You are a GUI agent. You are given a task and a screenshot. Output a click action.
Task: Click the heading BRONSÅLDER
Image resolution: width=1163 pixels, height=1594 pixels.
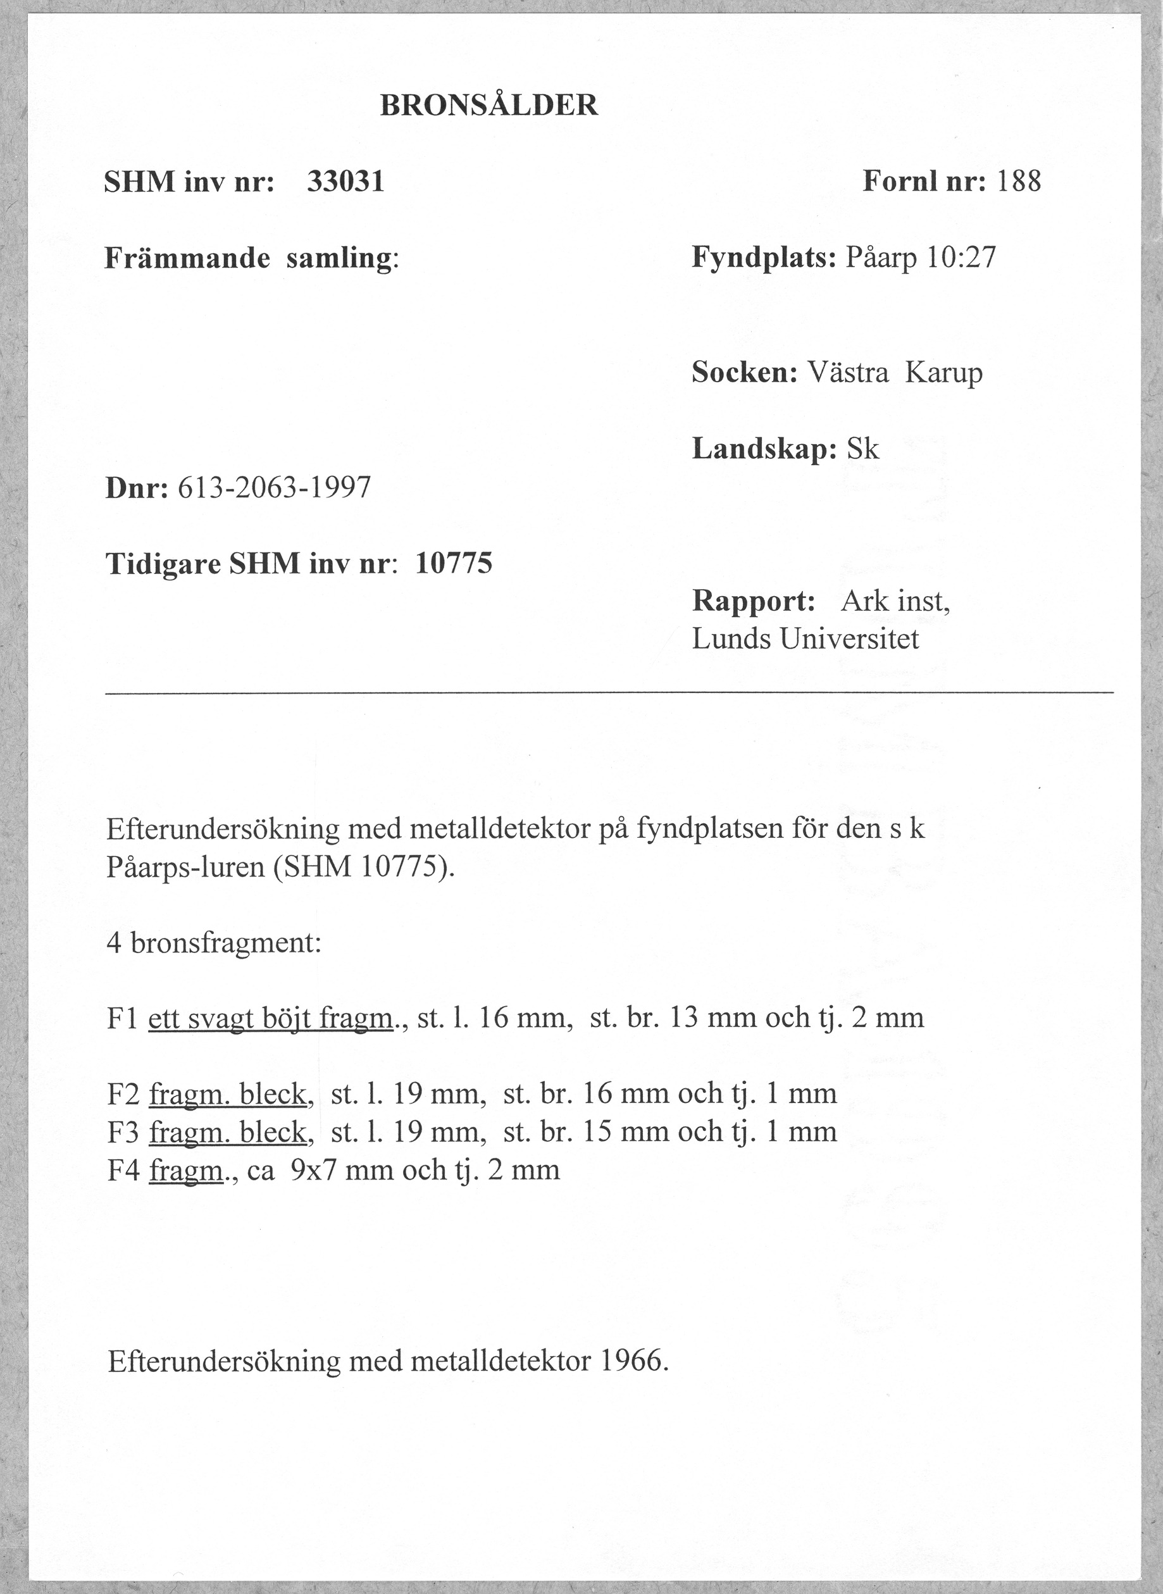[x=488, y=106]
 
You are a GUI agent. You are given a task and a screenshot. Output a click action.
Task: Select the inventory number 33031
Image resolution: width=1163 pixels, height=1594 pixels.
[x=345, y=182]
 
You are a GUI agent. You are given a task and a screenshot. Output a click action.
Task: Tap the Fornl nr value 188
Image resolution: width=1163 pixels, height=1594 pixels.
[x=1019, y=182]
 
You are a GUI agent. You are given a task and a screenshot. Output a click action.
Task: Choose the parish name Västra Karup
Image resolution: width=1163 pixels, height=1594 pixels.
[x=894, y=373]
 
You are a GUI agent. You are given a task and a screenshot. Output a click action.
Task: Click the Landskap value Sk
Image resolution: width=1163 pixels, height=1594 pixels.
[x=862, y=449]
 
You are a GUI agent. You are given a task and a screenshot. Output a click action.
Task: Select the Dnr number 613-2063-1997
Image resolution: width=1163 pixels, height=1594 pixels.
[x=274, y=487]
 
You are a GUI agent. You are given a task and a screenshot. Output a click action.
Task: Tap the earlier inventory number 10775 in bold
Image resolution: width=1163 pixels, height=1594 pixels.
[x=454, y=563]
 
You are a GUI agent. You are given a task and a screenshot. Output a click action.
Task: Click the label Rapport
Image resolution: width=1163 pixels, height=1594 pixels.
[x=753, y=601]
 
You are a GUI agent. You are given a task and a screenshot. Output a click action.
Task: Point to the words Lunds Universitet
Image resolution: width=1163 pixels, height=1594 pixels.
[x=805, y=639]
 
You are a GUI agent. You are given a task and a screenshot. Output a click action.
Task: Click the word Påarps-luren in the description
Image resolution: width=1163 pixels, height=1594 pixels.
[x=182, y=868]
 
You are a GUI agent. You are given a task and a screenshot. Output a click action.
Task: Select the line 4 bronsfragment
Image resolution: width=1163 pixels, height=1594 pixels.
[x=214, y=943]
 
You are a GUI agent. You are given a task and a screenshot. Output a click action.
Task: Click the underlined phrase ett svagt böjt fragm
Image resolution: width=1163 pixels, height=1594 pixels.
[x=270, y=1018]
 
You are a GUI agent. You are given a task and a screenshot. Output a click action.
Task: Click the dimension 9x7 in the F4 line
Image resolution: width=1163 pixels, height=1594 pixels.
[x=307, y=1170]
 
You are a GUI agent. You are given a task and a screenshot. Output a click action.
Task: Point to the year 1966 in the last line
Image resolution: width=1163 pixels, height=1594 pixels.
[x=632, y=1362]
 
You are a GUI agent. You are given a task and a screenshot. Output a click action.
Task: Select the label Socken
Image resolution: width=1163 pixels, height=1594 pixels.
[x=744, y=373]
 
